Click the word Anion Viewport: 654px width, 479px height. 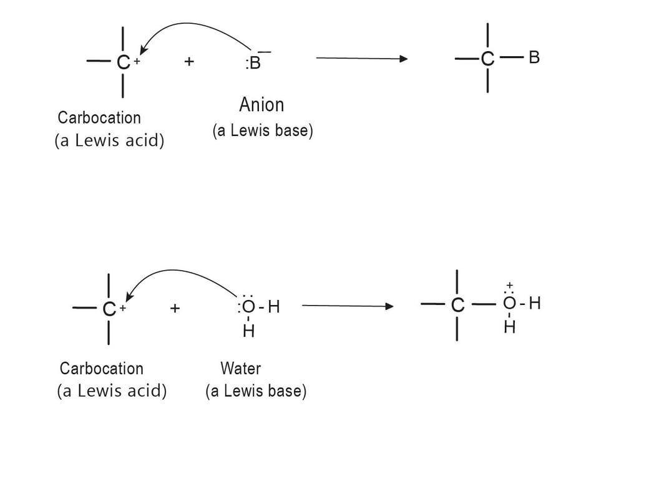tap(261, 105)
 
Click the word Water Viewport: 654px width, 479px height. tap(240, 368)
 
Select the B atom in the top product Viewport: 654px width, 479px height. tap(534, 58)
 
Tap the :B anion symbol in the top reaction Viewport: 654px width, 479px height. tap(253, 63)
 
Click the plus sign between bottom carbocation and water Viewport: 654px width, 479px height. tap(175, 307)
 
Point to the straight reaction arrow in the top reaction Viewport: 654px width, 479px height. tap(362, 59)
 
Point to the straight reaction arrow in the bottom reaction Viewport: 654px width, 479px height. tap(347, 306)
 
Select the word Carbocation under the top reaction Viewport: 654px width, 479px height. tap(99, 117)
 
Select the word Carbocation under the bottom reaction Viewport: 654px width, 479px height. tap(101, 368)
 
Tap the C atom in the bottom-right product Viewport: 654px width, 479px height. tap(458, 305)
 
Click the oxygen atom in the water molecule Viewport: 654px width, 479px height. tap(248, 307)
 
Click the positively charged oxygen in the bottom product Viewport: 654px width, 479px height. tap(509, 304)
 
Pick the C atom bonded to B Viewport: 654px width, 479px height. tap(487, 59)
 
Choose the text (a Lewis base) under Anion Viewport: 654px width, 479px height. tap(262, 131)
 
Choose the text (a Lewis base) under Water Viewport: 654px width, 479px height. tap(256, 391)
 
